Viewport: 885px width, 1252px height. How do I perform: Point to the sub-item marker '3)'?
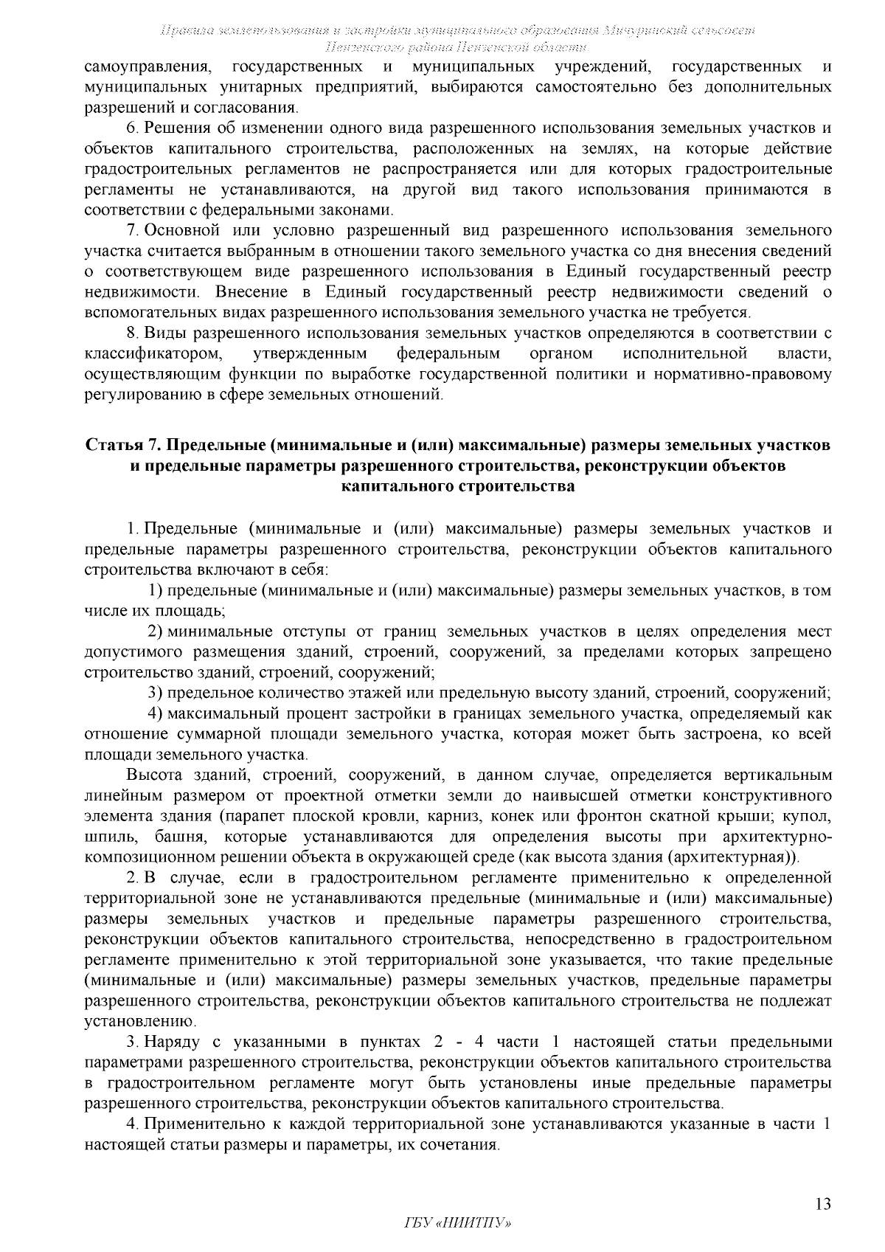tap(156, 693)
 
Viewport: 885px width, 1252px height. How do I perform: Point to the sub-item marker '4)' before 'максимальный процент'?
tap(156, 713)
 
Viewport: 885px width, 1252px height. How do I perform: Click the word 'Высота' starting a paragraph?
tap(151, 775)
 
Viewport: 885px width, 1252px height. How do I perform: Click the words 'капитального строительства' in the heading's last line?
tap(457, 487)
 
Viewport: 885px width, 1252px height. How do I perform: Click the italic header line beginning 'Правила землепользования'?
tap(457, 30)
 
